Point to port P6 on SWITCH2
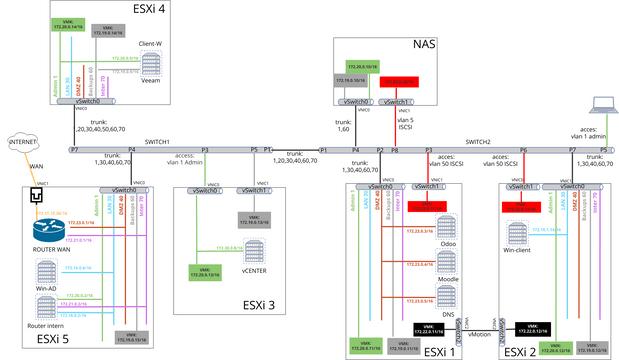523,149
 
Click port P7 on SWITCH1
74,149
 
